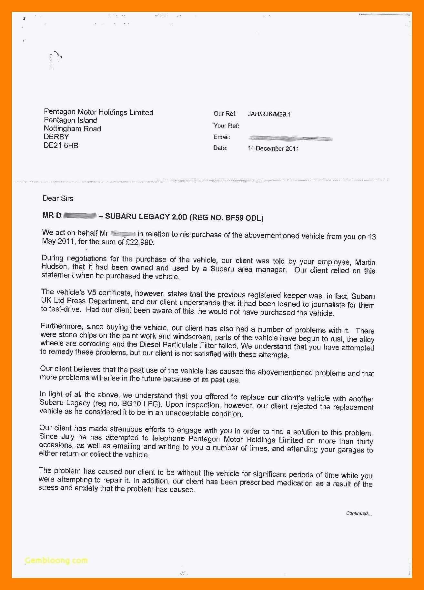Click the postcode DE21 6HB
[x=61, y=146]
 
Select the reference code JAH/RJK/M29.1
[x=269, y=114]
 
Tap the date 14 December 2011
[x=273, y=148]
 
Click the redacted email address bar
[x=290, y=139]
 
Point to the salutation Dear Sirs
[x=58, y=198]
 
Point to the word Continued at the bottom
[x=357, y=514]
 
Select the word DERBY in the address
[x=56, y=137]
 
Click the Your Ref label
[x=226, y=126]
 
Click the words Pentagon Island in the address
[x=70, y=120]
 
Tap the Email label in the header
[x=222, y=137]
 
